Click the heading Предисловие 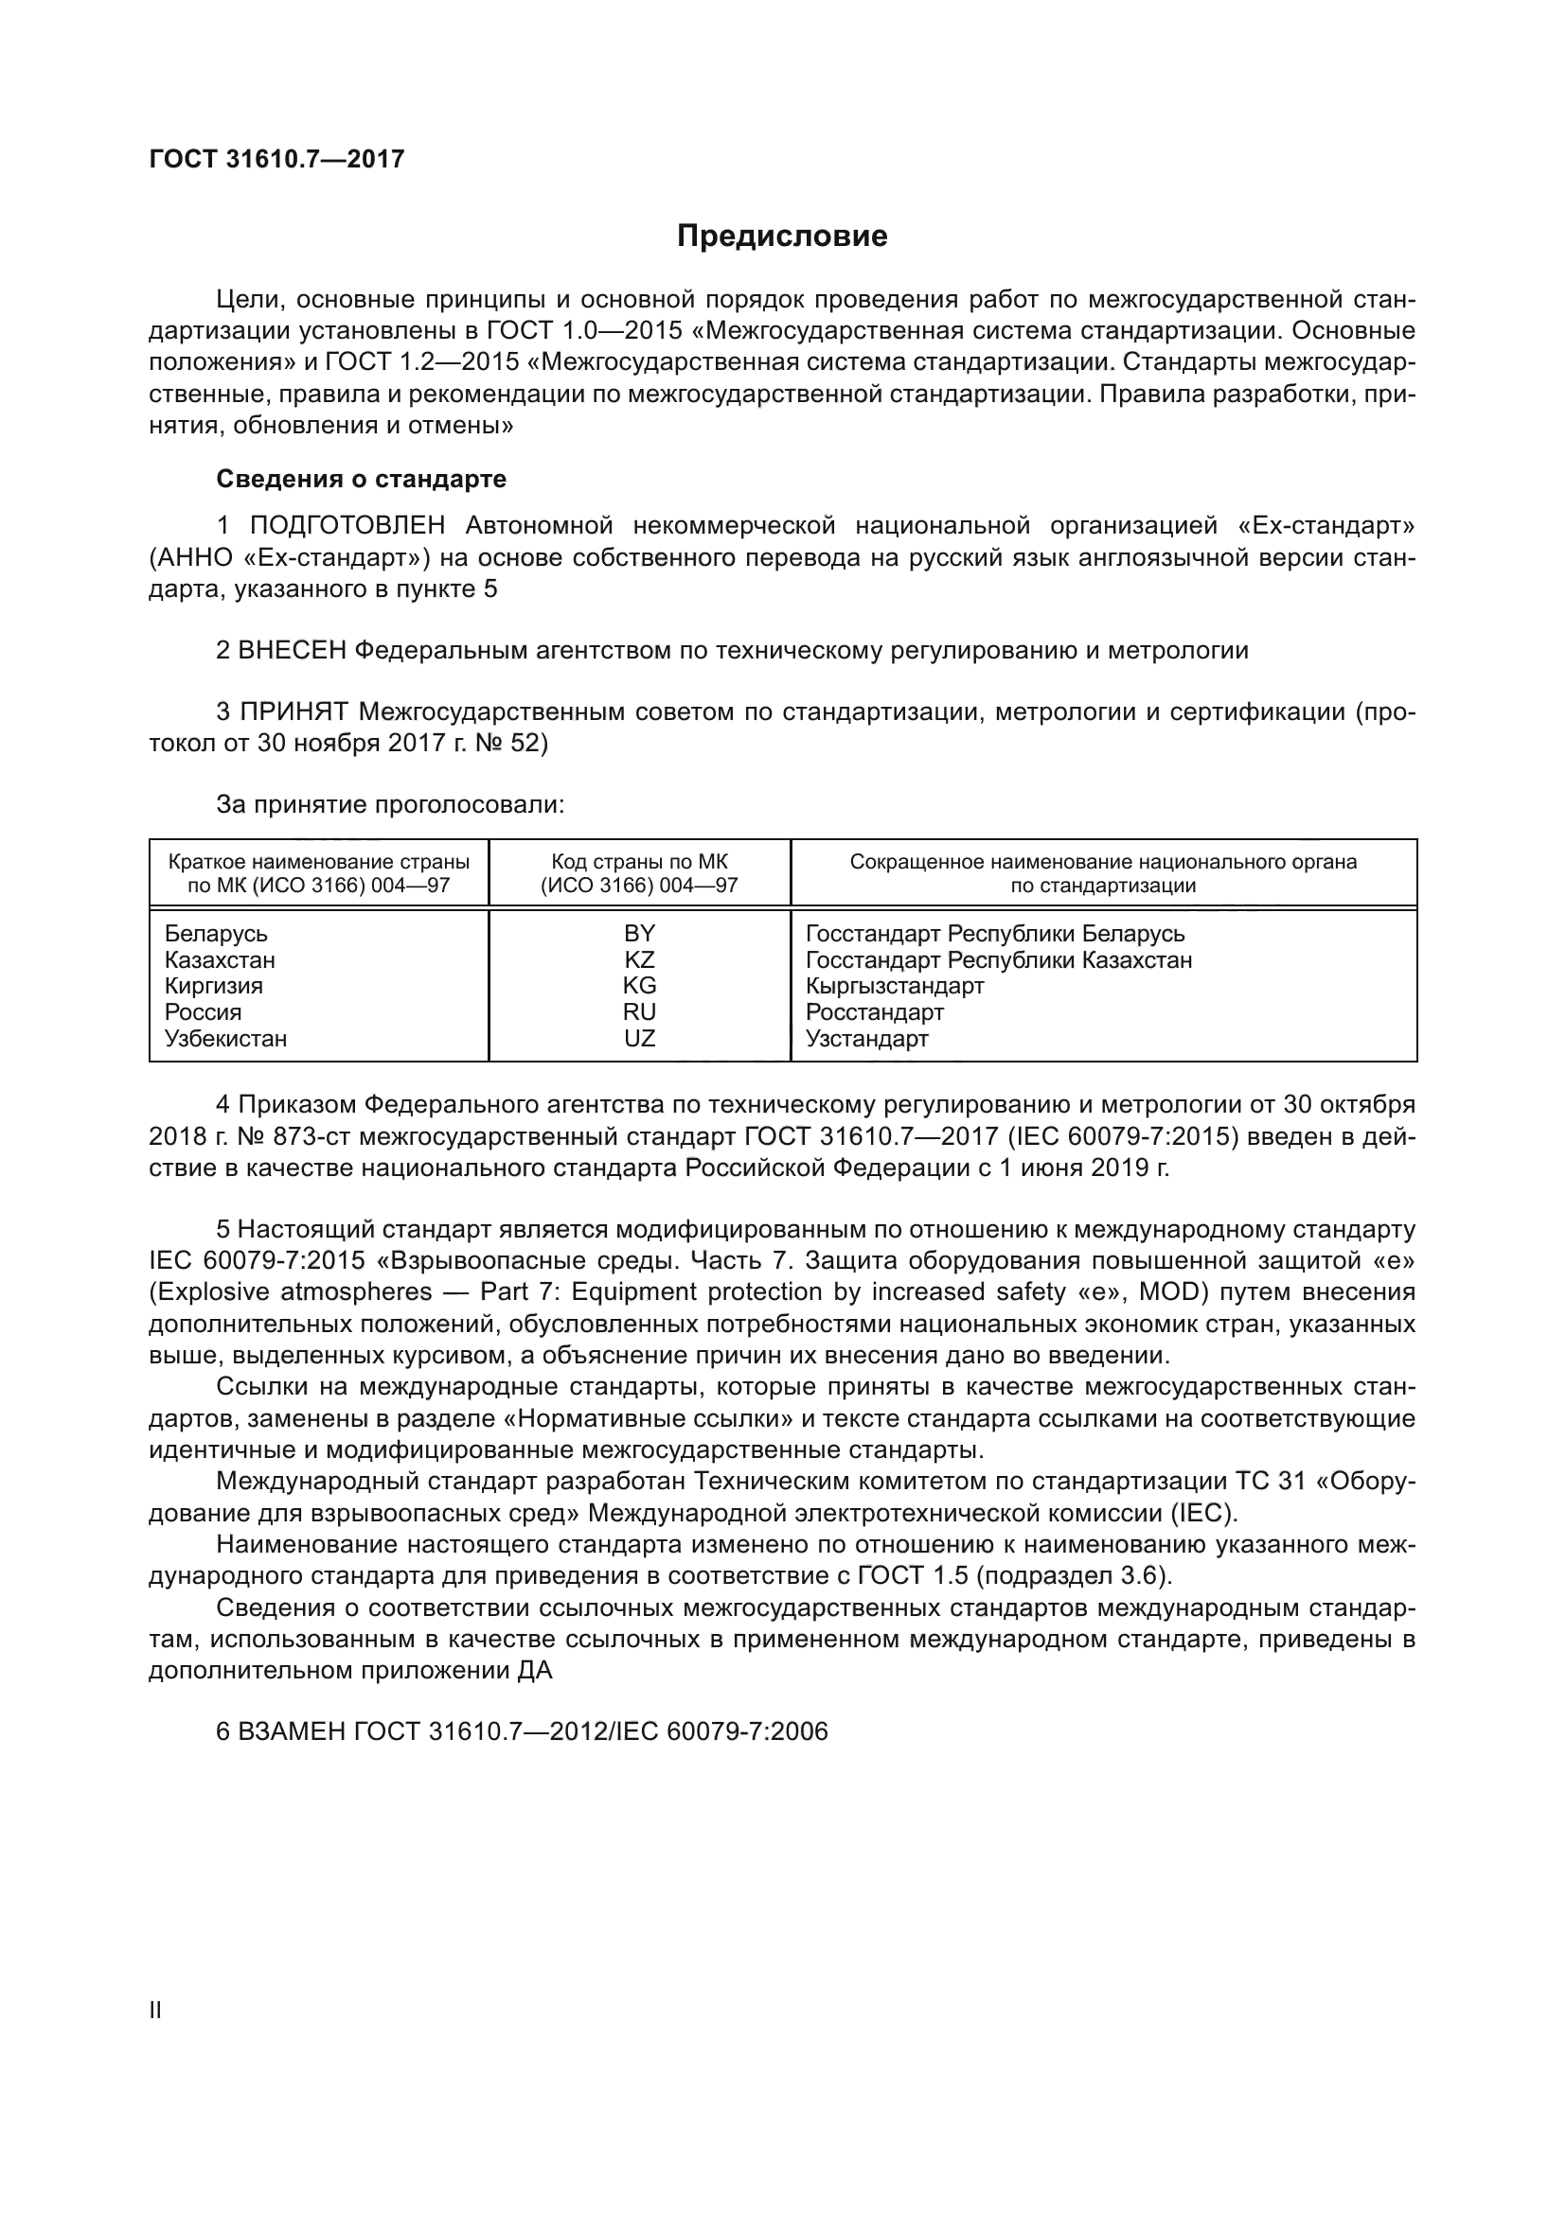pyautogui.click(x=782, y=237)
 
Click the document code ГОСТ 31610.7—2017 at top pyautogui.click(x=276, y=159)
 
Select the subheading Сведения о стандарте pyautogui.click(x=361, y=479)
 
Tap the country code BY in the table pyautogui.click(x=639, y=933)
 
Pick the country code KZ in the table pyautogui.click(x=639, y=960)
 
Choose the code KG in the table pyautogui.click(x=639, y=986)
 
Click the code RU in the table pyautogui.click(x=639, y=1012)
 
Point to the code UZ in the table pyautogui.click(x=639, y=1038)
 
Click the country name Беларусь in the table pyautogui.click(x=216, y=933)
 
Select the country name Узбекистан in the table pyautogui.click(x=225, y=1038)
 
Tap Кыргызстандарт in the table pyautogui.click(x=895, y=986)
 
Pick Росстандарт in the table pyautogui.click(x=875, y=1012)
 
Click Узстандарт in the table pyautogui.click(x=867, y=1038)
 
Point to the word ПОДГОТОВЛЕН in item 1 pyautogui.click(x=347, y=525)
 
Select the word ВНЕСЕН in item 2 pyautogui.click(x=293, y=651)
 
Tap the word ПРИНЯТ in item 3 pyautogui.click(x=294, y=712)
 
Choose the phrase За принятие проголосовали pyautogui.click(x=389, y=804)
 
